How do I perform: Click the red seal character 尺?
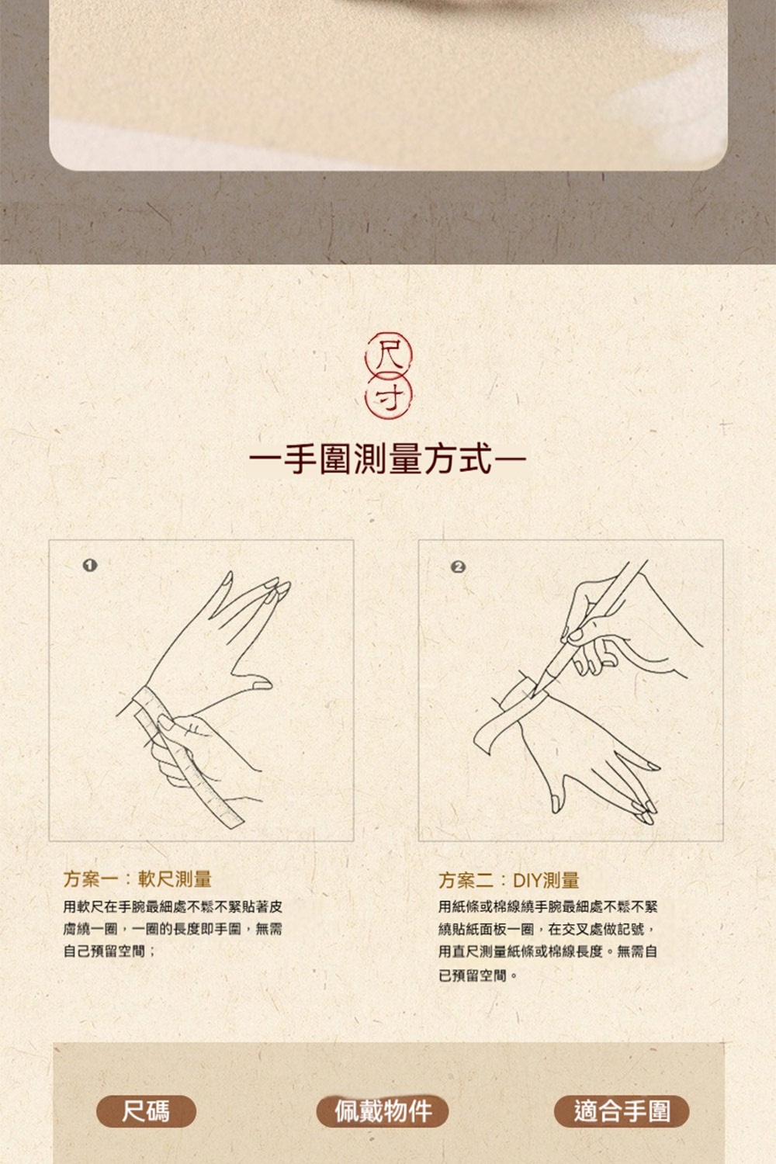pyautogui.click(x=388, y=355)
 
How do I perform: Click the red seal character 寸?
pyautogui.click(x=389, y=398)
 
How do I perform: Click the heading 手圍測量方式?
pyautogui.click(x=388, y=459)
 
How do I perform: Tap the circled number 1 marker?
pyautogui.click(x=90, y=566)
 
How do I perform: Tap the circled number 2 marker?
pyautogui.click(x=458, y=567)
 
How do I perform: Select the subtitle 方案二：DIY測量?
pyautogui.click(x=509, y=880)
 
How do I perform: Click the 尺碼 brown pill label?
pyautogui.click(x=146, y=1111)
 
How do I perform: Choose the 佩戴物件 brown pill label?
pyautogui.click(x=383, y=1111)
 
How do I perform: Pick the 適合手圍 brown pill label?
pyautogui.click(x=622, y=1111)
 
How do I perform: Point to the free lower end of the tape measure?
pyautogui.click(x=232, y=822)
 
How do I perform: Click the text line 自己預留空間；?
pyautogui.click(x=109, y=951)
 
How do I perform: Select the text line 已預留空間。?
pyautogui.click(x=478, y=975)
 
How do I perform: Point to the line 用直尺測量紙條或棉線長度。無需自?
pyautogui.click(x=548, y=951)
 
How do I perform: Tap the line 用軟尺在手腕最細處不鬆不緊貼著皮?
pyautogui.click(x=173, y=907)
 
